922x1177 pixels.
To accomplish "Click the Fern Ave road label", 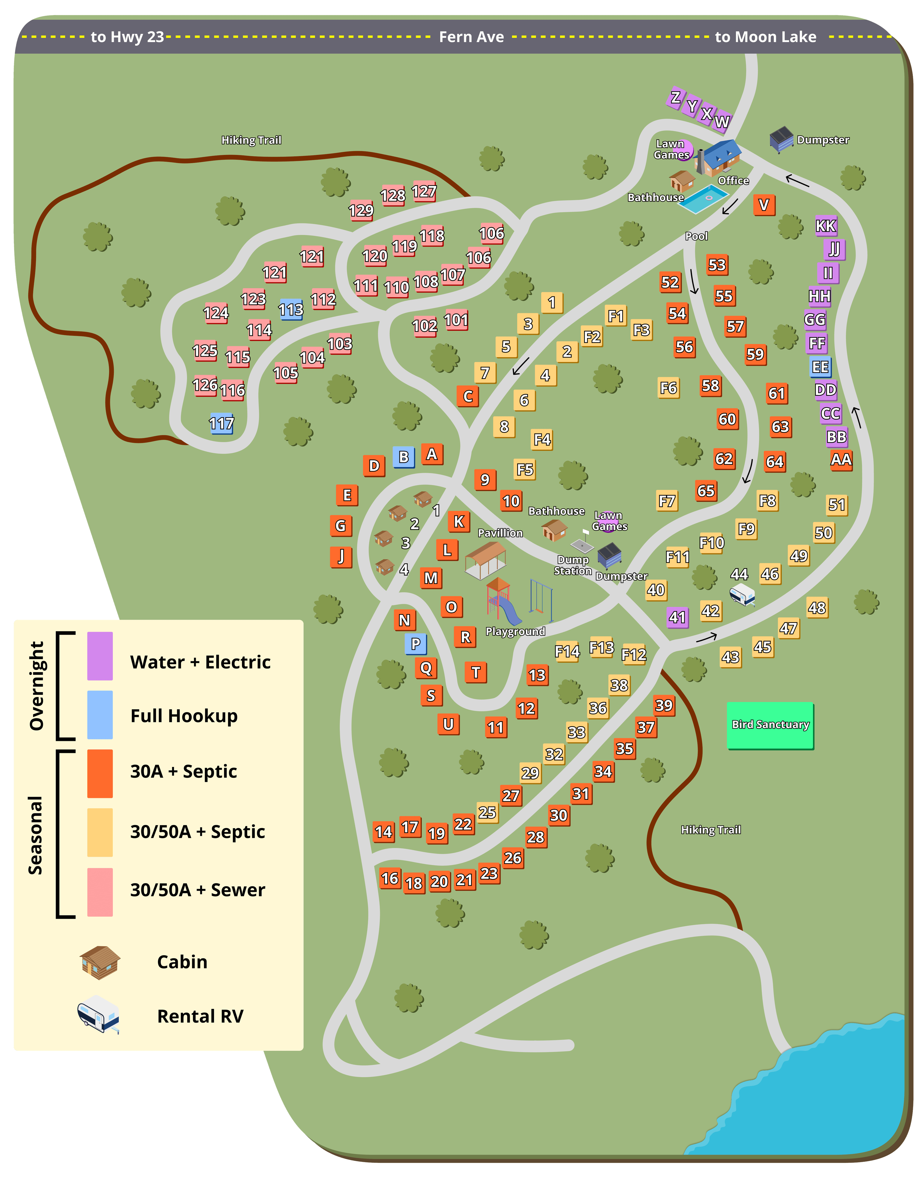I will click(x=471, y=37).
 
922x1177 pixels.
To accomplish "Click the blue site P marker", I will click(x=416, y=644).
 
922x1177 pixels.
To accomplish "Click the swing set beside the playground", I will click(x=541, y=599).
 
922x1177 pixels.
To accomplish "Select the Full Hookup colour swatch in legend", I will click(x=100, y=715).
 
